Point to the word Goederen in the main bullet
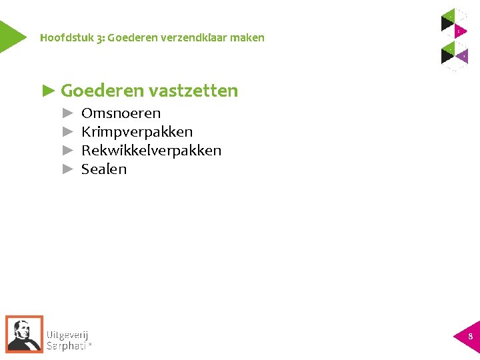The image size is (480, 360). pos(102,91)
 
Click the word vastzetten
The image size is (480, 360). pos(193,91)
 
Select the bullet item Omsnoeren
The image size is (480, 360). pos(121,113)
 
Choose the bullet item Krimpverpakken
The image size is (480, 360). pos(137,132)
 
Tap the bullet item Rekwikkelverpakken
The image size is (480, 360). pos(151,151)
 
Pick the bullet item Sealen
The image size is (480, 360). pos(104,169)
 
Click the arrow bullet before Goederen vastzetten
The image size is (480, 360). pos(49,91)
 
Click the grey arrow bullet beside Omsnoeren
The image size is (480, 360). pos(67,113)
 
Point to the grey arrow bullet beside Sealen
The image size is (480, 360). pos(67,169)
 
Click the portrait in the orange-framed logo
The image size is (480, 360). pos(24,333)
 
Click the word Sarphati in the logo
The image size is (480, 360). pos(67,346)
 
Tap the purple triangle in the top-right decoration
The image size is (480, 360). pos(462,56)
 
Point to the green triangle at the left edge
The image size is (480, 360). pos(9,37)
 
